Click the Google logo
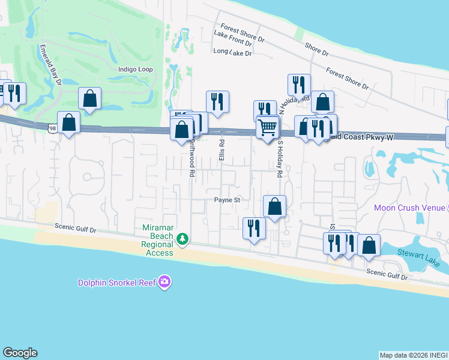pos(20,353)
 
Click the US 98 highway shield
pos(53,128)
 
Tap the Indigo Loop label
pos(136,70)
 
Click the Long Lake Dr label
pos(232,53)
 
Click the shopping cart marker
pos(267,127)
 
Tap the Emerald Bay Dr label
pos(51,64)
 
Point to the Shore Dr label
pos(316,49)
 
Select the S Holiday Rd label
pos(279,160)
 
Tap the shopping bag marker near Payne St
pos(274,206)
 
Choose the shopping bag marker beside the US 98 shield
pos(69,122)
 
